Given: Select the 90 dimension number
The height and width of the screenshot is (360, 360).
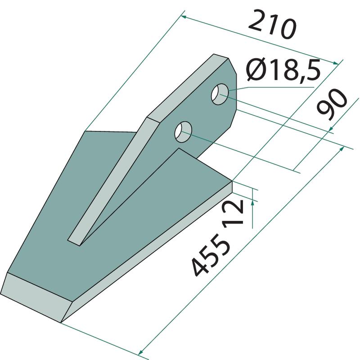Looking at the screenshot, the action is coord(332,104).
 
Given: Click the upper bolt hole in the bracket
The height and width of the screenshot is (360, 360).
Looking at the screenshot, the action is coord(220,94).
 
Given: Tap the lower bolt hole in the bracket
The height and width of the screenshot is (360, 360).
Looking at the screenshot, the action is coord(183,132).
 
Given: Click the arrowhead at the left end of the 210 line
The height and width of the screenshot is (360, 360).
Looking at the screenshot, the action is coord(184,17).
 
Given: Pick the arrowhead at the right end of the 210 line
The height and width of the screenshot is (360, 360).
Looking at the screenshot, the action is coord(336,63).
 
